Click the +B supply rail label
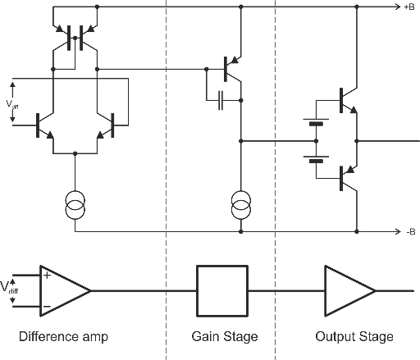[409, 7]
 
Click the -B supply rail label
[411, 232]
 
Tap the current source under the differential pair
[75, 205]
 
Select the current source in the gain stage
[240, 205]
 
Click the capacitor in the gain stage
[221, 100]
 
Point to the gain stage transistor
[232, 69]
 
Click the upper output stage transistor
[349, 100]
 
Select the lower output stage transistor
[349, 178]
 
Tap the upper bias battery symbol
[316, 122]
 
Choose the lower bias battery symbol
[316, 159]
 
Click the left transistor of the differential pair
[45, 125]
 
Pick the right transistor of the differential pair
[106, 125]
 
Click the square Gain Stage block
[222, 291]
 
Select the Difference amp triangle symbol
[66, 291]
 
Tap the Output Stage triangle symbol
[350, 291]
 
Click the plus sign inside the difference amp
[47, 275]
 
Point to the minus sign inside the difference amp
[47, 306]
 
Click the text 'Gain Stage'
[225, 336]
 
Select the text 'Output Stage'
[354, 336]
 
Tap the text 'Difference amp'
[63, 336]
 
